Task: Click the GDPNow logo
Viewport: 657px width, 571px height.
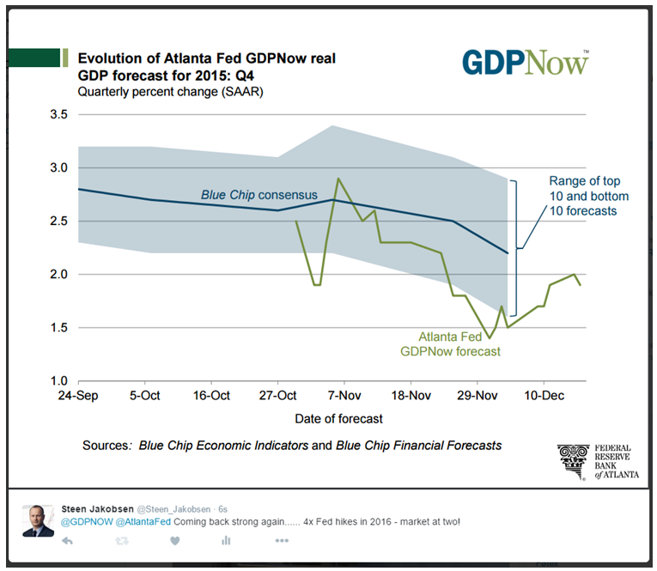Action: pyautogui.click(x=526, y=63)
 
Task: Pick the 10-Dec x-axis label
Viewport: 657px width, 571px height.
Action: pyautogui.click(x=543, y=396)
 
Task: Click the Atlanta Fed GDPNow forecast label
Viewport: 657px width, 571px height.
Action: pyautogui.click(x=451, y=343)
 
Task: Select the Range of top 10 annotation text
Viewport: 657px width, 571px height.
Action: pyautogui.click(x=584, y=196)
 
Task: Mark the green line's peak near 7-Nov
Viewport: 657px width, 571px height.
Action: pyautogui.click(x=338, y=179)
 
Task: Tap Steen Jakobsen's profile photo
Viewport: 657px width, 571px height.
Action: pyautogui.click(x=39, y=520)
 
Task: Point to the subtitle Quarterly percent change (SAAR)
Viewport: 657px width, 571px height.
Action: pyautogui.click(x=170, y=92)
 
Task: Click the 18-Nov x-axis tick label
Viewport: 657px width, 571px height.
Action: pyautogui.click(x=411, y=396)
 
